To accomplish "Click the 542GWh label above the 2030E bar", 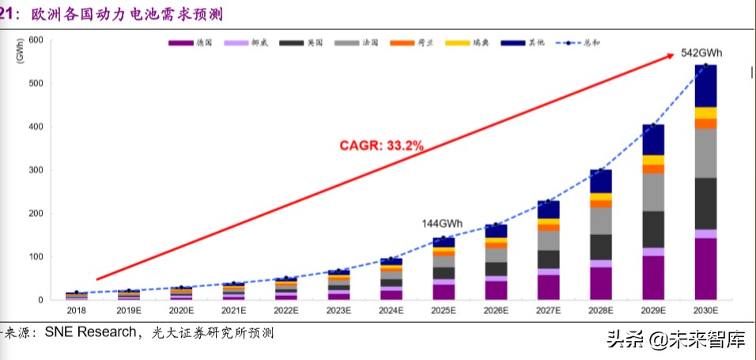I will point(701,53).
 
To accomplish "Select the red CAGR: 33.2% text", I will point(382,145).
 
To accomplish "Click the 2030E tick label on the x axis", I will point(705,312).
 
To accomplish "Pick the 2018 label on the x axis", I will point(77,312).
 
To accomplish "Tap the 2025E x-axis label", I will point(444,312).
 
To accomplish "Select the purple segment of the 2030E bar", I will point(705,269).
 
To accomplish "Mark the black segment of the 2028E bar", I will point(601,247).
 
